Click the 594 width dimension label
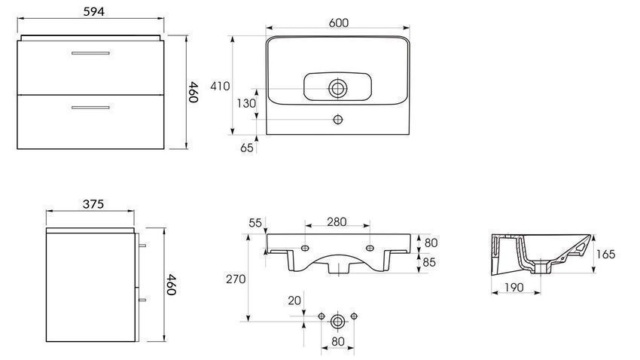(x=94, y=11)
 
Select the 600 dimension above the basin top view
(x=339, y=23)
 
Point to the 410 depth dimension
(x=220, y=86)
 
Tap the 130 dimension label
(x=246, y=103)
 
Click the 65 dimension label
(x=246, y=148)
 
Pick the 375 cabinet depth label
(x=93, y=203)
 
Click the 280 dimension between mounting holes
(x=337, y=221)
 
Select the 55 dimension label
(x=255, y=223)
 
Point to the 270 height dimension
(x=236, y=279)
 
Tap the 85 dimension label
(x=429, y=262)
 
